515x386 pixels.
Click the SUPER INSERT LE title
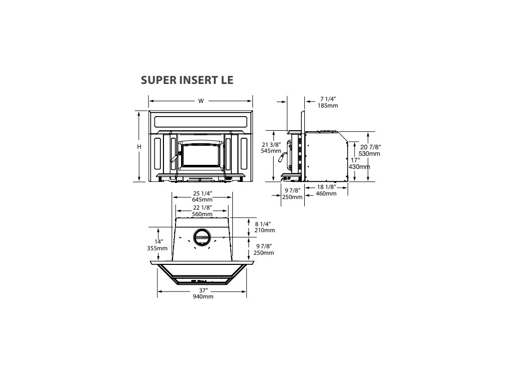pos(187,80)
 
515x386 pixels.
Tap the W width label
pos(201,101)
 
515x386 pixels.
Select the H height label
pos(139,147)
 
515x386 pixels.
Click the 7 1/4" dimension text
pos(327,100)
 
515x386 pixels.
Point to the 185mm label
pos(327,106)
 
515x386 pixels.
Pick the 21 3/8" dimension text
pos(271,144)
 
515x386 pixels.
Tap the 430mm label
pos(360,166)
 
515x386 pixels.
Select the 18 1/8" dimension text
pos(327,187)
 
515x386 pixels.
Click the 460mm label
pos(327,194)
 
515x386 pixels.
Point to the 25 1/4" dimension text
pos(202,194)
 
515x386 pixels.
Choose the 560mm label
pos(203,214)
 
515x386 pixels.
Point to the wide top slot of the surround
pos(201,122)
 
